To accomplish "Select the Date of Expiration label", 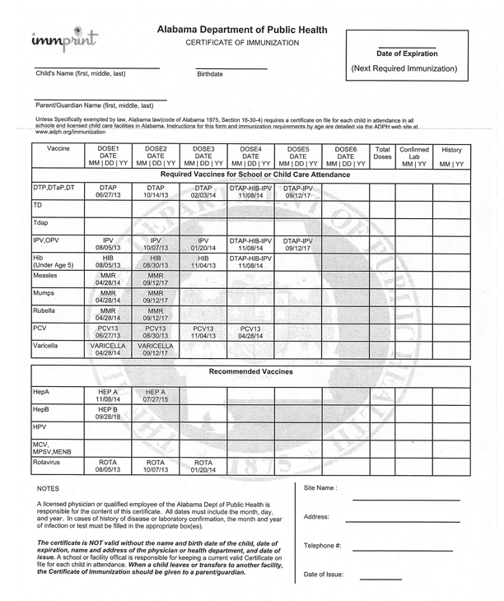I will [407, 54].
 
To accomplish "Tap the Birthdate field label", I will [210, 74].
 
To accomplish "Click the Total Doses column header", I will [382, 153].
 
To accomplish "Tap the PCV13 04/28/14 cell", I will [250, 331].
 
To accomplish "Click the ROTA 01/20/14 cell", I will [203, 468].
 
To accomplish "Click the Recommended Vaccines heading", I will [251, 371].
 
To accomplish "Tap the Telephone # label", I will [323, 545].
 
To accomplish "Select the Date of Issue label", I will [324, 574].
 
